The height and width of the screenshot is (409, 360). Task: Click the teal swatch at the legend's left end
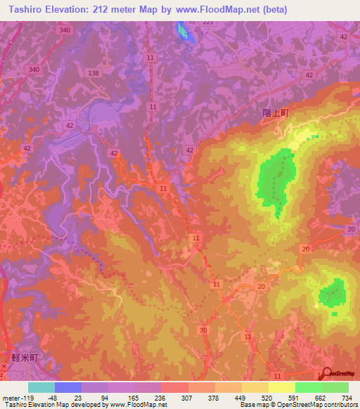pyautogui.click(x=41, y=387)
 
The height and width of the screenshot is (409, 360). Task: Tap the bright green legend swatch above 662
pyautogui.click(x=308, y=387)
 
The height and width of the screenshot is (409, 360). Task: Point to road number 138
pyautogui.click(x=96, y=73)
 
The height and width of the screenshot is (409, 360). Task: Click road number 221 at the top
pyautogui.click(x=207, y=22)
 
